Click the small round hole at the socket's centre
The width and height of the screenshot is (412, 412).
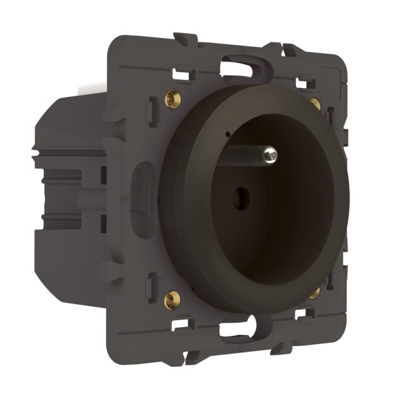[x=240, y=195]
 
